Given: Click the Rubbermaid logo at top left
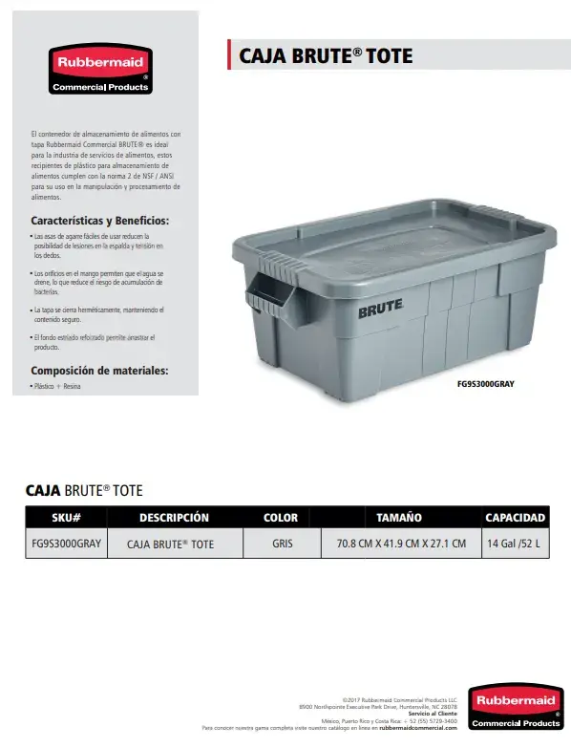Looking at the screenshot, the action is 100,70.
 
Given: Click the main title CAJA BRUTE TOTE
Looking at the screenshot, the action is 325,55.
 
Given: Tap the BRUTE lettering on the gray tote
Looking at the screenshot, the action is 380,310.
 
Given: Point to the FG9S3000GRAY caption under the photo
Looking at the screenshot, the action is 486,384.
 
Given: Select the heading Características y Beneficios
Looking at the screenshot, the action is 99,220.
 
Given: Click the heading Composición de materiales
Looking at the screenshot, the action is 99,370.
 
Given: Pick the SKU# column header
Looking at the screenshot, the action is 66,518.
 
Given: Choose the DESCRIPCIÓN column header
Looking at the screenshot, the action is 174,518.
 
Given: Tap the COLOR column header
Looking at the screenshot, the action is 280,518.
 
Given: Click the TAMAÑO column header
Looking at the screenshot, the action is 399,518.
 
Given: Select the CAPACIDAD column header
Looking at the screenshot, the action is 515,518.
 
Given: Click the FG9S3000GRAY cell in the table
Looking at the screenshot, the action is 66,544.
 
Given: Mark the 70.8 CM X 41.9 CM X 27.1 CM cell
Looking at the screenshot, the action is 401,544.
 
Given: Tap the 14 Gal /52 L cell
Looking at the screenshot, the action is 514,544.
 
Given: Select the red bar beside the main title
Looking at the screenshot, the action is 229,55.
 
